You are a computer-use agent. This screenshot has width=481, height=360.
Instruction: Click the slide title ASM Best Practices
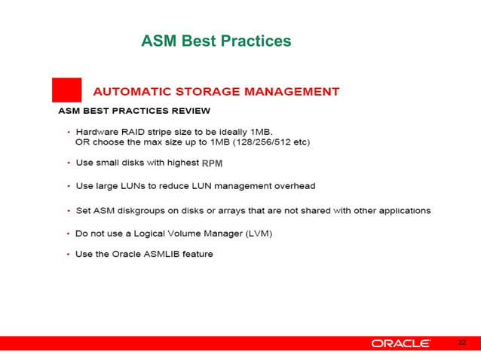coord(216,41)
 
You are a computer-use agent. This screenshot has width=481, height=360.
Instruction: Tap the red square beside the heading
coord(66,90)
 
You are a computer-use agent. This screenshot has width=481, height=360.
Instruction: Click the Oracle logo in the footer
coord(400,343)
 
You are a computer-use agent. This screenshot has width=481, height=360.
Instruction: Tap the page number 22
coord(462,343)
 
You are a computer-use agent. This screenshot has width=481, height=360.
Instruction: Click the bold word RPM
coord(213,163)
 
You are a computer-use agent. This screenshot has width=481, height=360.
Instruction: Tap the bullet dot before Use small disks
coord(69,163)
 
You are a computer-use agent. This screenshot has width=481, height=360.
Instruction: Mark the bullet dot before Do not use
coord(69,233)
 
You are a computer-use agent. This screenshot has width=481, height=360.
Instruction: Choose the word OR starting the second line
coord(82,142)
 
